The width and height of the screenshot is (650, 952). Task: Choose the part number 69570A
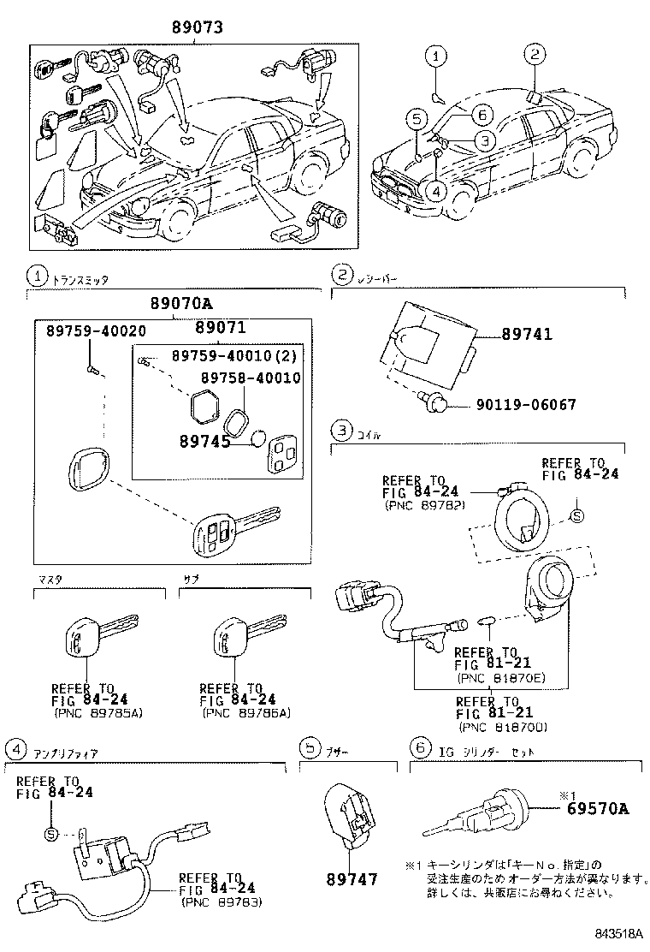(x=596, y=807)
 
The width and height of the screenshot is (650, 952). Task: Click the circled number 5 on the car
(x=416, y=119)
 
